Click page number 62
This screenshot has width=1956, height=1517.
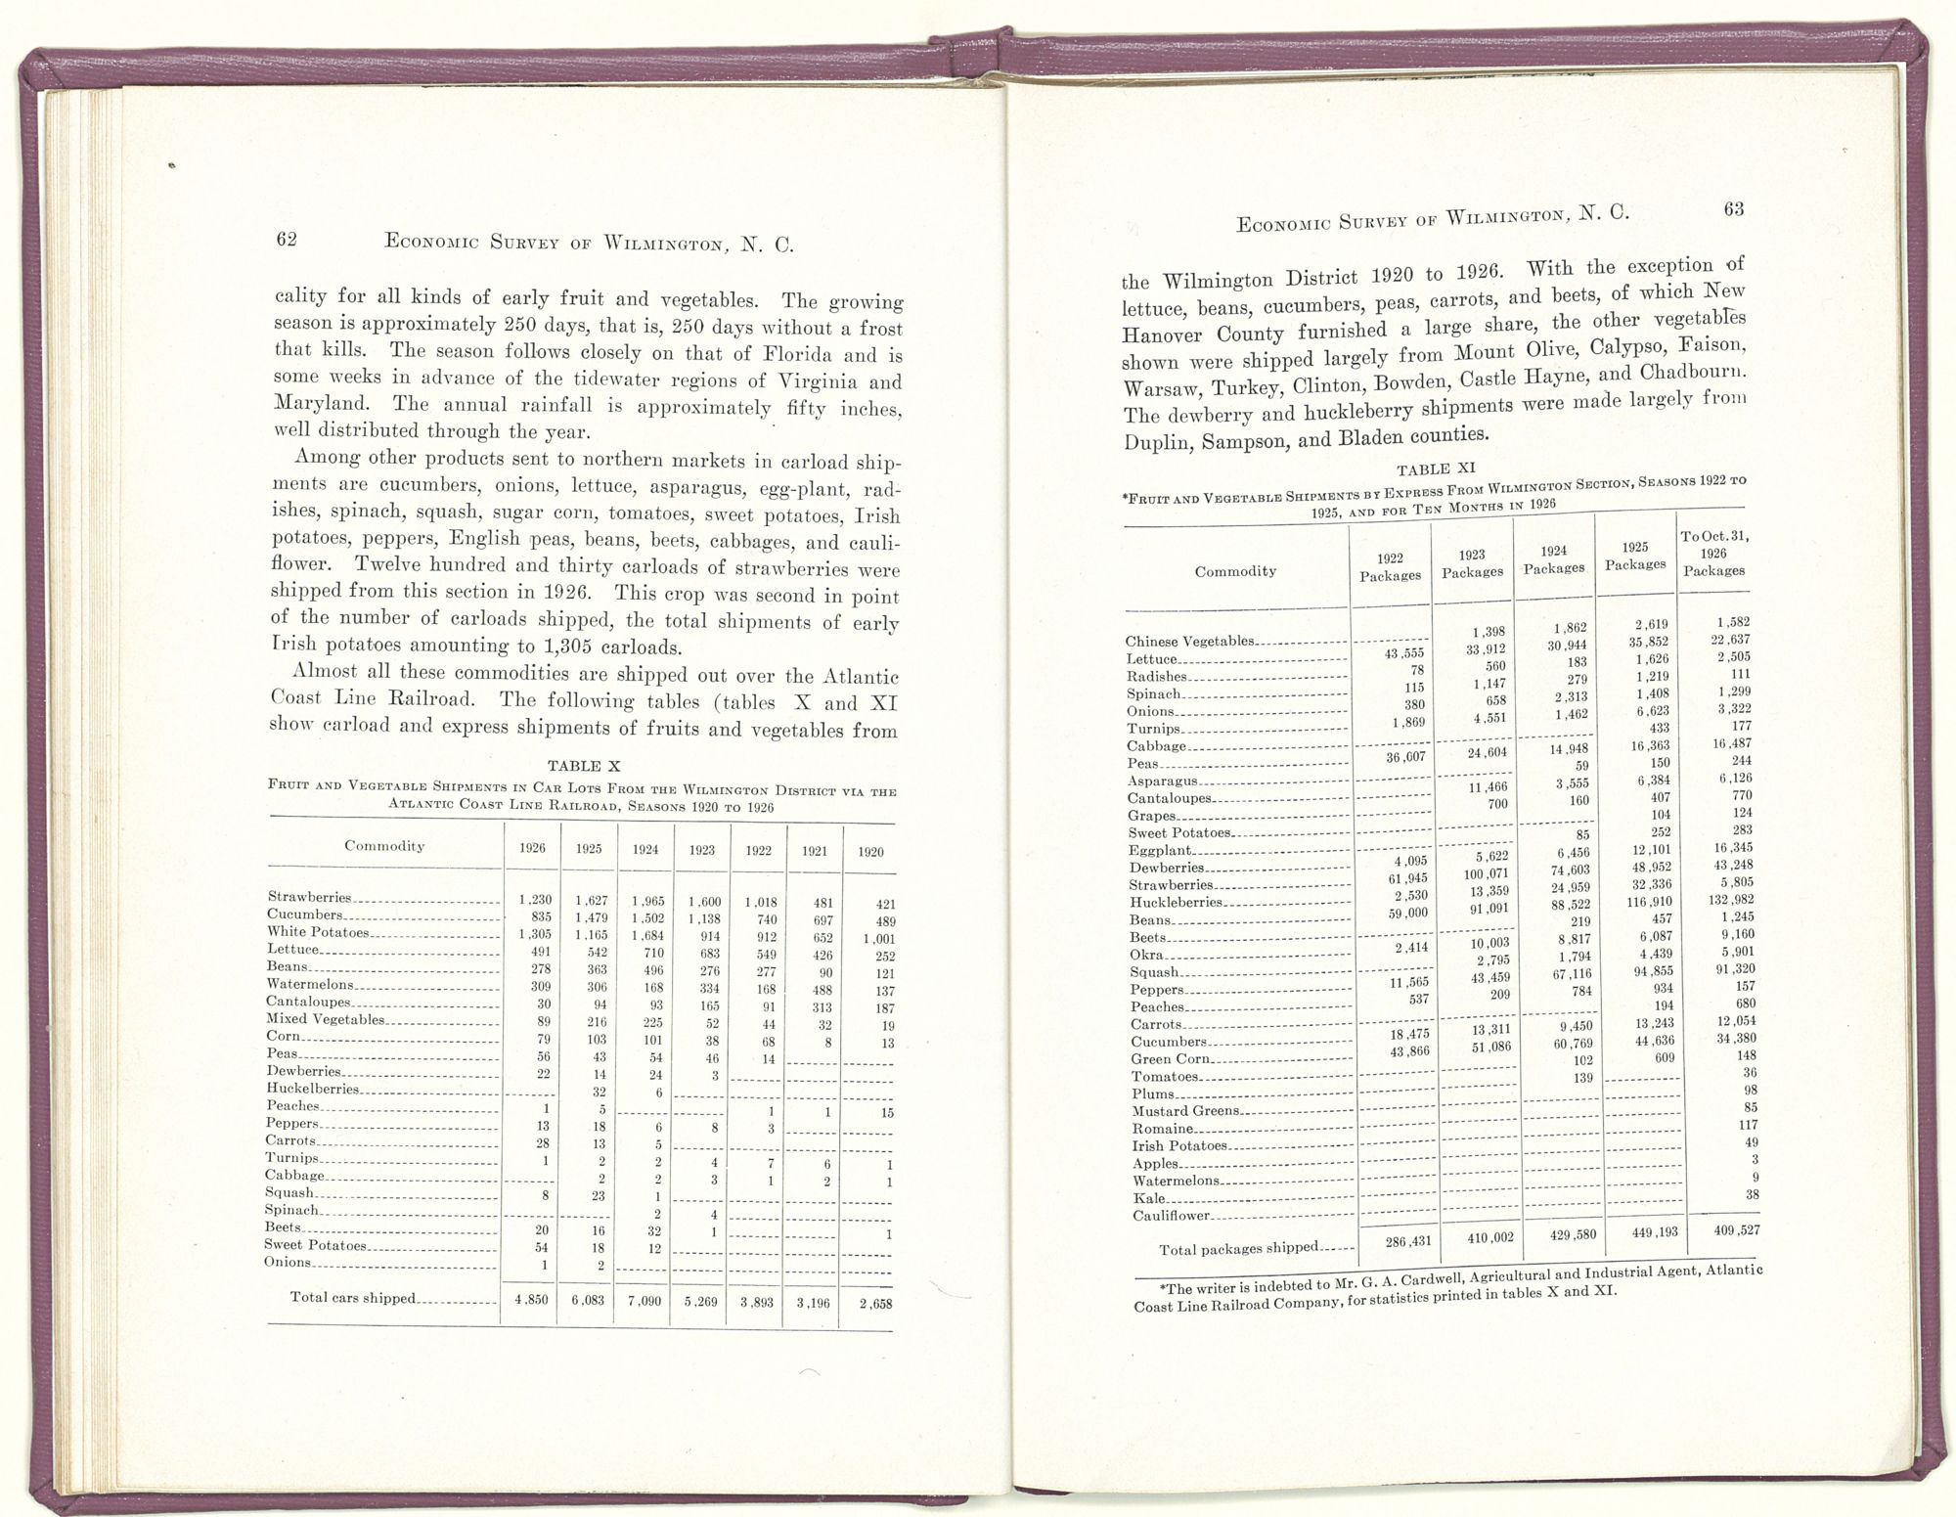(286, 240)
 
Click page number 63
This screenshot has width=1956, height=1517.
(1734, 209)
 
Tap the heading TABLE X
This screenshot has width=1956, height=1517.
(583, 767)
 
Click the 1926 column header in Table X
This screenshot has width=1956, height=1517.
(532, 849)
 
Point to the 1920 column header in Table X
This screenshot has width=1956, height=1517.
(870, 852)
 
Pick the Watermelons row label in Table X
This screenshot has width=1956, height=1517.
(310, 985)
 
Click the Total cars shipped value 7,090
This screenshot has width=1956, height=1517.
(645, 1302)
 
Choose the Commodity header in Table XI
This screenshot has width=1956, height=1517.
(1235, 571)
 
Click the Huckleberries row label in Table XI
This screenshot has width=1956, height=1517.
(1176, 903)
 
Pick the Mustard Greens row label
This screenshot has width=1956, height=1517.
(1185, 1111)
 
